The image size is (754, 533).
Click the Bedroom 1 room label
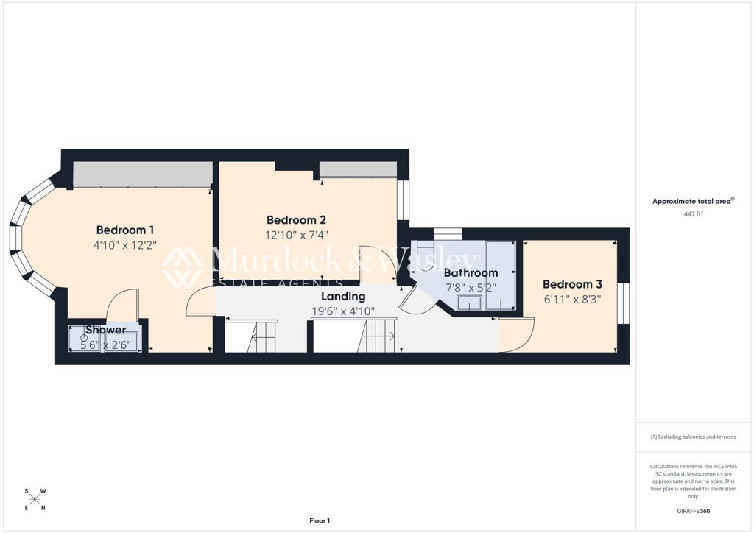click(125, 230)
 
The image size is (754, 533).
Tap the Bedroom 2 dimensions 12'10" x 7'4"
click(297, 235)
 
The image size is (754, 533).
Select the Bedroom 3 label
click(572, 284)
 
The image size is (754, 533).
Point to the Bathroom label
click(471, 273)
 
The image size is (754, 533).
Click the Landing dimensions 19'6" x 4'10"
click(343, 311)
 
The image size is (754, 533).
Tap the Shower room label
click(106, 331)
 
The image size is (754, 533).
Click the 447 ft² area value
click(694, 214)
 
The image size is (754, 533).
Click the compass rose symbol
click(35, 499)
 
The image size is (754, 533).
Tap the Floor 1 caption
click(320, 520)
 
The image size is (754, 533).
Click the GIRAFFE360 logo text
click(694, 511)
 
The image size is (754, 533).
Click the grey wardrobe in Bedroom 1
click(143, 174)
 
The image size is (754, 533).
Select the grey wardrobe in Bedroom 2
click(359, 169)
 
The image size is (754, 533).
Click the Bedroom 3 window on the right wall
click(623, 303)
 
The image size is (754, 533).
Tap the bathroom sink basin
click(469, 303)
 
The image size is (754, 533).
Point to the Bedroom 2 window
click(403, 200)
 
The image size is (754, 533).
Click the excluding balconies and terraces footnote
click(694, 437)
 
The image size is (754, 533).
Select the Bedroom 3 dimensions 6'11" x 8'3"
click(572, 300)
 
